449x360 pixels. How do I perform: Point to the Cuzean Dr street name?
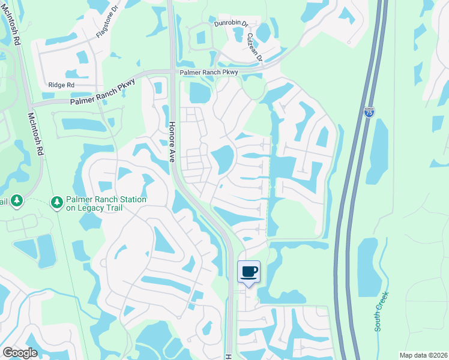point(255,47)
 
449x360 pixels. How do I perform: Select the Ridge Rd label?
point(61,85)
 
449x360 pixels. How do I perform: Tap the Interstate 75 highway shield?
point(369,112)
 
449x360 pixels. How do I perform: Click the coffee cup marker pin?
point(249,272)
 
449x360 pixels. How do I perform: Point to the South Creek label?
point(382,311)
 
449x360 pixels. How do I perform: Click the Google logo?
point(19,352)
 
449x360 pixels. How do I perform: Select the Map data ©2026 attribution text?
point(423,355)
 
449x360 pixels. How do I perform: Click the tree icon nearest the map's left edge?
point(16,200)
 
